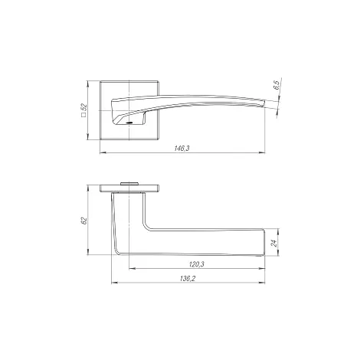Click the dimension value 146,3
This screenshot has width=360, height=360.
(x=182, y=149)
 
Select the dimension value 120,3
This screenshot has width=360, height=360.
(x=196, y=264)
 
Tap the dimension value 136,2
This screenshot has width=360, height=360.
(x=188, y=279)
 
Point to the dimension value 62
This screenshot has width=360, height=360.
(x=84, y=221)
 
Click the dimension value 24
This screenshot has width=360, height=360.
(x=274, y=243)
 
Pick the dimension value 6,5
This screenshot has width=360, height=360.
(x=277, y=85)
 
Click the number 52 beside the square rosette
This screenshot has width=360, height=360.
(x=84, y=107)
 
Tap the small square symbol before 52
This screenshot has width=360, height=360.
(x=83, y=115)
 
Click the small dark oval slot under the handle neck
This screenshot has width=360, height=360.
(x=129, y=123)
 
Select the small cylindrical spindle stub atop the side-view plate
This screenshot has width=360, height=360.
(x=129, y=183)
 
